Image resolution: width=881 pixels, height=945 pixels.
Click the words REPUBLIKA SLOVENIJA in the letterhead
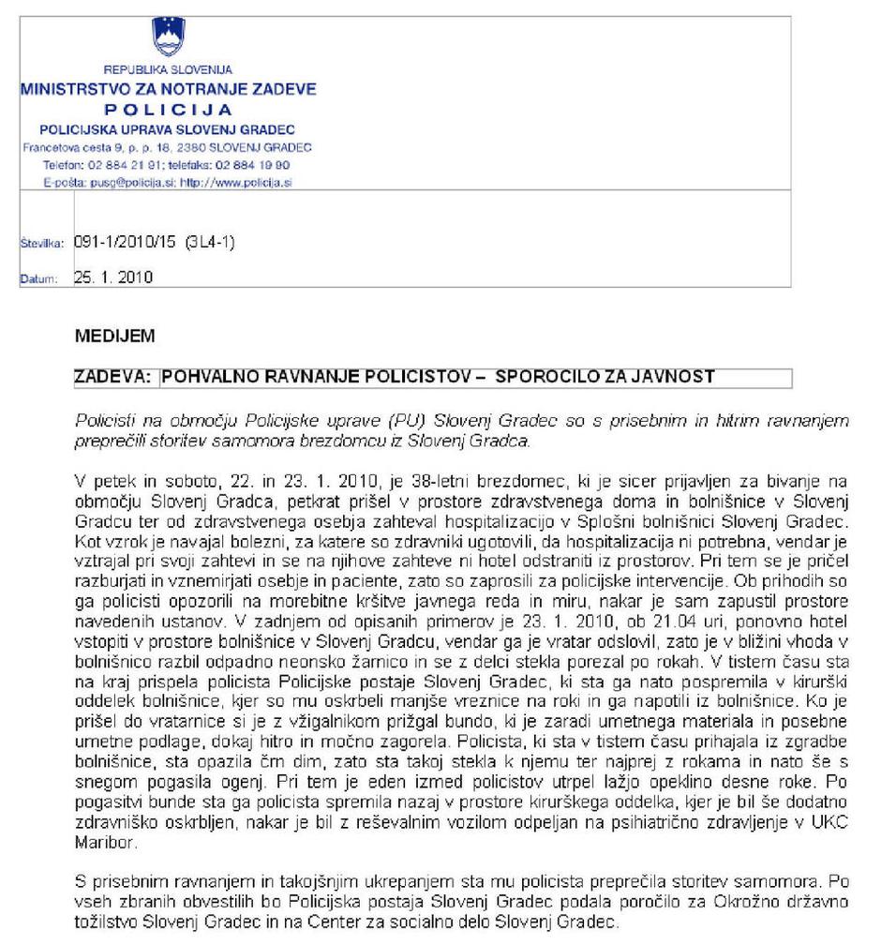tap(169, 70)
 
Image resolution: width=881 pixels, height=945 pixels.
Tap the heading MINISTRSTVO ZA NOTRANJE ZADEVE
tap(169, 90)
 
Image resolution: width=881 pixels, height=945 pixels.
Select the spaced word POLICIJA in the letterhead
tap(169, 110)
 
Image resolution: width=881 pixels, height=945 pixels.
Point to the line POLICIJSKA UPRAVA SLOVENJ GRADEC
tap(169, 128)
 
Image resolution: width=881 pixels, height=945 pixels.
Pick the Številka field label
tap(41, 244)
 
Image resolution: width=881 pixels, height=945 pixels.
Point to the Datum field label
tap(39, 278)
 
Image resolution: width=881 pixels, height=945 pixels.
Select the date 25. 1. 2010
tap(112, 277)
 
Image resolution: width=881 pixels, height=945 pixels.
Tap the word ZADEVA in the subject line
tap(112, 377)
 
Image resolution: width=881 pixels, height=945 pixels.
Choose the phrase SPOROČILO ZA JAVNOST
tap(605, 377)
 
